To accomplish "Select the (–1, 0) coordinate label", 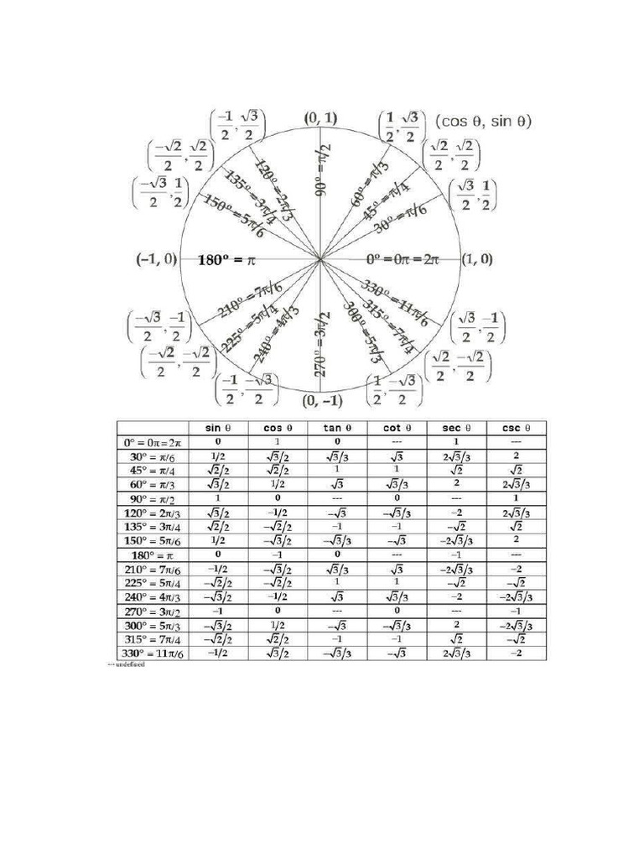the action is (156, 259).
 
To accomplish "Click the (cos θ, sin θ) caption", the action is (484, 121).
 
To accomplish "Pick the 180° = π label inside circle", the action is (226, 260).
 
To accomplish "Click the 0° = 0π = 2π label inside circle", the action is (402, 260).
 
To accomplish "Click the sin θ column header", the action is (217, 427).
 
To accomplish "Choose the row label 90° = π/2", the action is (152, 497).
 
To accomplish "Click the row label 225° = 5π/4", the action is (152, 582).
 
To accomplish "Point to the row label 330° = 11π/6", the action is (152, 653).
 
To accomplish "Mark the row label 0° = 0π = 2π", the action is (152, 441).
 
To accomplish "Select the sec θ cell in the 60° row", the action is (455, 483).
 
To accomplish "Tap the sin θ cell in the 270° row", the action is (217, 610).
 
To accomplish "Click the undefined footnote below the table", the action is (126, 664).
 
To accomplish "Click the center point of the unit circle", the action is (320, 260).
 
